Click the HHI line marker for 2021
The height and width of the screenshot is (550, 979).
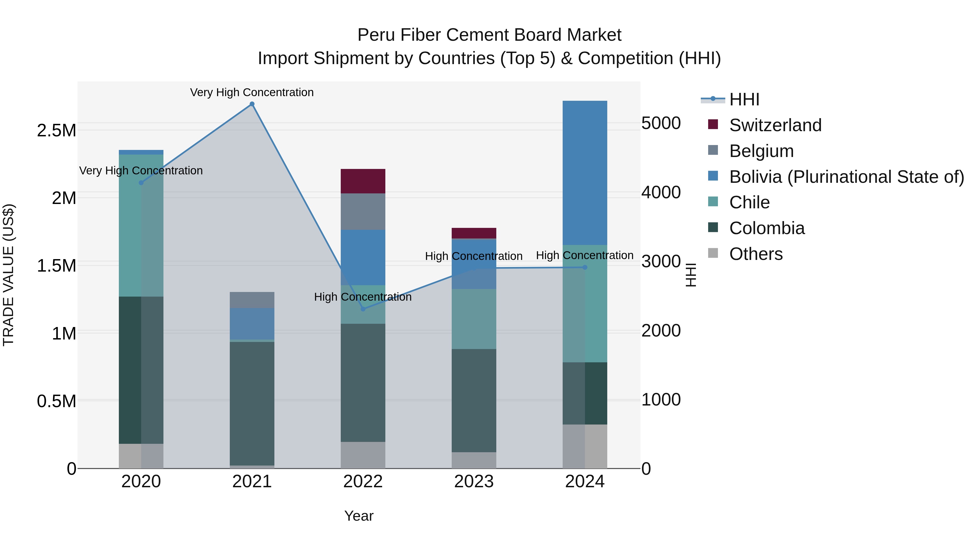[x=252, y=104]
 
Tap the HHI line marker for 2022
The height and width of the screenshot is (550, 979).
[x=363, y=309]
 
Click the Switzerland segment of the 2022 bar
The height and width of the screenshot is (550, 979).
[x=363, y=181]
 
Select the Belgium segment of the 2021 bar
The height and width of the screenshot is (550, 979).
[x=252, y=300]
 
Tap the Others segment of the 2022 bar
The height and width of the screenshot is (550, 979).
[x=363, y=455]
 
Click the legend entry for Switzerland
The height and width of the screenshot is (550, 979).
[x=775, y=125]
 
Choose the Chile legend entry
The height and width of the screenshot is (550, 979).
[x=749, y=202]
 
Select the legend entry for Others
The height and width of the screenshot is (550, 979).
[x=755, y=254]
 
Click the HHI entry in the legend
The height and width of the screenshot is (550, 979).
[x=744, y=99]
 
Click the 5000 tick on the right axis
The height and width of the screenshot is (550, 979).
[x=661, y=123]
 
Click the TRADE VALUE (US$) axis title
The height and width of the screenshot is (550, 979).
[x=8, y=275]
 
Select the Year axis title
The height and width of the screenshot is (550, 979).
[x=359, y=516]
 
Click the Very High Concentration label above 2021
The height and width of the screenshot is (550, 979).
[x=252, y=92]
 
